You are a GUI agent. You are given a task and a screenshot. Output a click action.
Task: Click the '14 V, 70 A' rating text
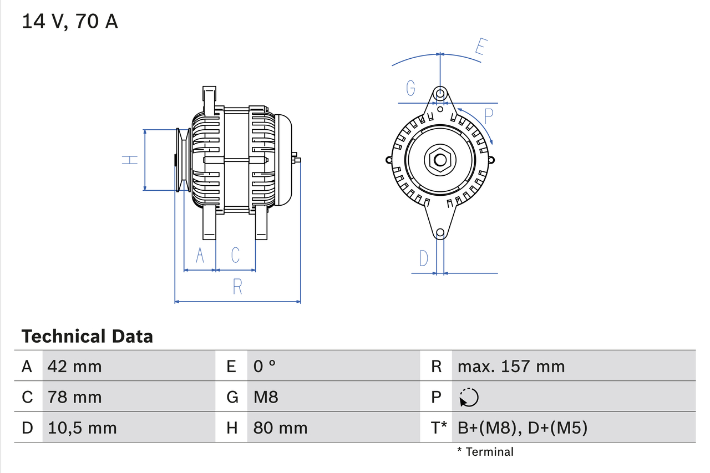70,22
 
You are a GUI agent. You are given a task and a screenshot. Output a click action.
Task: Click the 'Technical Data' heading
87,336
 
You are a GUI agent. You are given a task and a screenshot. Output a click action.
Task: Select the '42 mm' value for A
75,366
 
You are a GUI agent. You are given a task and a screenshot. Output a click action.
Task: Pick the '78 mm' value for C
75,397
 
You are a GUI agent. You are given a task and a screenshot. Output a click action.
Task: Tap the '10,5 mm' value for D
82,428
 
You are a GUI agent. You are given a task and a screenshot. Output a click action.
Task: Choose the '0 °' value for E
265,366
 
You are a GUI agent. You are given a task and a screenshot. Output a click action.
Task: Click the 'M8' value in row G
266,397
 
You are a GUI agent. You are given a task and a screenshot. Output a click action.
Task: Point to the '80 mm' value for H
280,428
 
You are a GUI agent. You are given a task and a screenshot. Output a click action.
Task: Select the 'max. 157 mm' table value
511,366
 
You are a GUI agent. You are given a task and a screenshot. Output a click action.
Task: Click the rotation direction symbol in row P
469,397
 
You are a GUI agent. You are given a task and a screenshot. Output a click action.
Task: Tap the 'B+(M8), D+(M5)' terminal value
522,428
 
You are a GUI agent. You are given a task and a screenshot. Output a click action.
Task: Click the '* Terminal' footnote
485,452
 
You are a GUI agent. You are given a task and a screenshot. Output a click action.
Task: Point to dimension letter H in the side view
130,160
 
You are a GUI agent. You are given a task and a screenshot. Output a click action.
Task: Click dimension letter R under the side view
237,287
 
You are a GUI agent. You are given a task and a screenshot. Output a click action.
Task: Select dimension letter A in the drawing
200,256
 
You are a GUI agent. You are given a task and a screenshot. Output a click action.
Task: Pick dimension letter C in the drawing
235,255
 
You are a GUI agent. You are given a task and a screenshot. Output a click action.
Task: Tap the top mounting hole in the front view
440,92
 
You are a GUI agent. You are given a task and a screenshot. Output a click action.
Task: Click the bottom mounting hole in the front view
440,233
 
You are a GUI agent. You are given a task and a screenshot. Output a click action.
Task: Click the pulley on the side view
182,160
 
